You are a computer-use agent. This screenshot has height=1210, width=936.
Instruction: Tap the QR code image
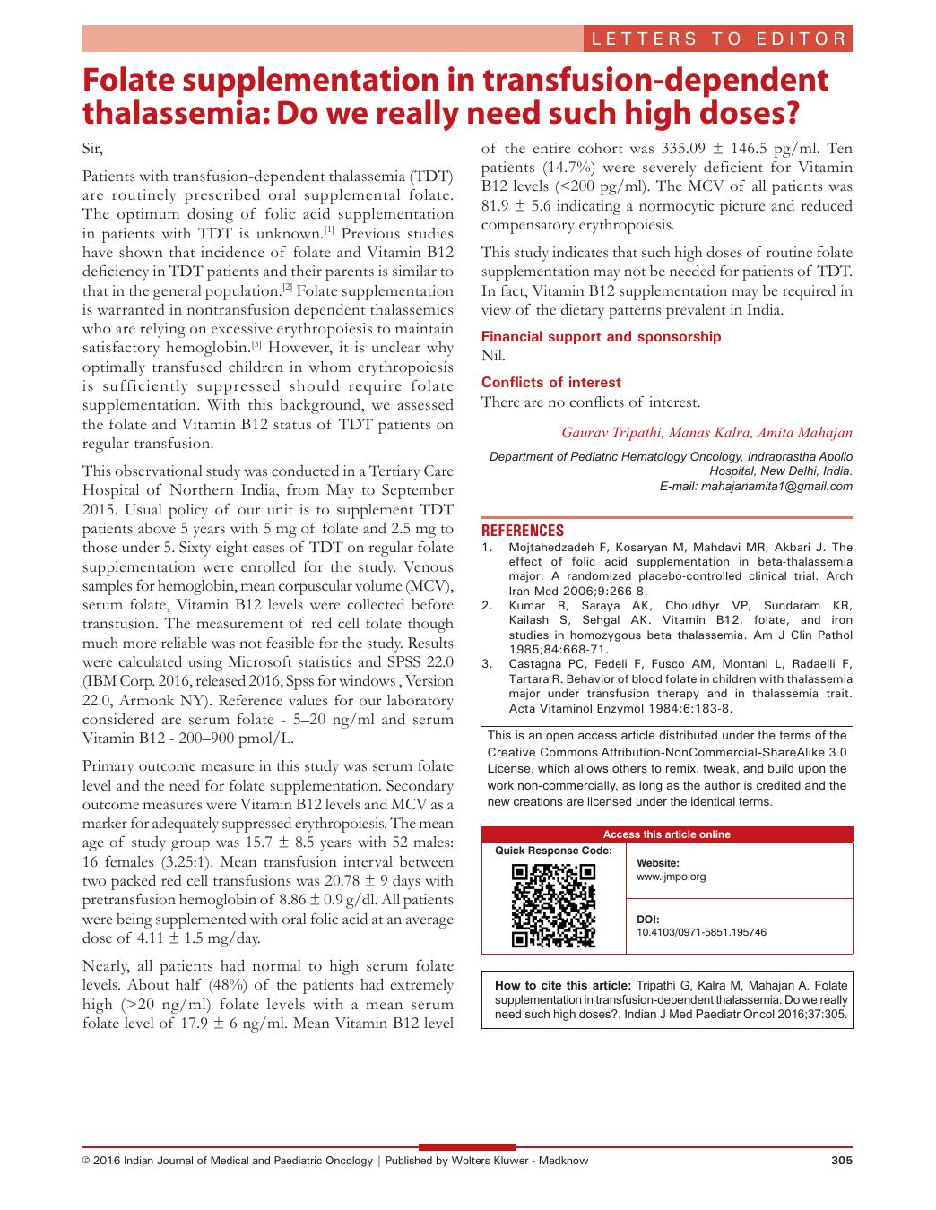click(553, 905)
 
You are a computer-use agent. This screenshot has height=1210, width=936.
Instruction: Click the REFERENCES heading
click(523, 531)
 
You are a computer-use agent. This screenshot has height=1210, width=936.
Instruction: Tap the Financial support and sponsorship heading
click(601, 337)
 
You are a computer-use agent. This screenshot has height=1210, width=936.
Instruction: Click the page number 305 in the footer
click(842, 1161)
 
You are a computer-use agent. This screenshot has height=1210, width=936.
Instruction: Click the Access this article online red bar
click(666, 834)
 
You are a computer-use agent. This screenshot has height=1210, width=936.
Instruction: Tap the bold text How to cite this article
click(563, 986)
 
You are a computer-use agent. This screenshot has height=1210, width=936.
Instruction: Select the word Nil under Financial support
click(493, 356)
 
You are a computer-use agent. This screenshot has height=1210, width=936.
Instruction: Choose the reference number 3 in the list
click(487, 663)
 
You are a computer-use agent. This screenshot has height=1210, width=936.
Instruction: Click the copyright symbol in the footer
click(86, 1161)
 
